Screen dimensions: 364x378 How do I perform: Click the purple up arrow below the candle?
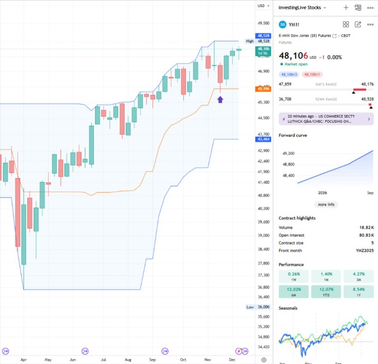(x=220, y=99)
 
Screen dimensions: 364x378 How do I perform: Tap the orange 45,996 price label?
(x=263, y=89)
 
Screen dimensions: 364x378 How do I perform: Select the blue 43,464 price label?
(x=263, y=139)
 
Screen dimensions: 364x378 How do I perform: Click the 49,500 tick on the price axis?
(x=263, y=23)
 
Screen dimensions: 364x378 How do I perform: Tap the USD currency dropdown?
(x=263, y=5)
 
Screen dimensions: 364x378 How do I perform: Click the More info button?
(x=326, y=205)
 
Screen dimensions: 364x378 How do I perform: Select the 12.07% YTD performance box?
(x=326, y=292)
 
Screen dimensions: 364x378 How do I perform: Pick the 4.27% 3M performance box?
(x=358, y=276)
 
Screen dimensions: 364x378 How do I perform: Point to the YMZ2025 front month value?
(x=364, y=251)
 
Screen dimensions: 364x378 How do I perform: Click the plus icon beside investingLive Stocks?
(x=346, y=8)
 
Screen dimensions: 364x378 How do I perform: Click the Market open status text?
(x=296, y=64)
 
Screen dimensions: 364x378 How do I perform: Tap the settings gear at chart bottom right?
(x=263, y=360)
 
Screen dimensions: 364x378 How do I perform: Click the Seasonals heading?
(x=288, y=308)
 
